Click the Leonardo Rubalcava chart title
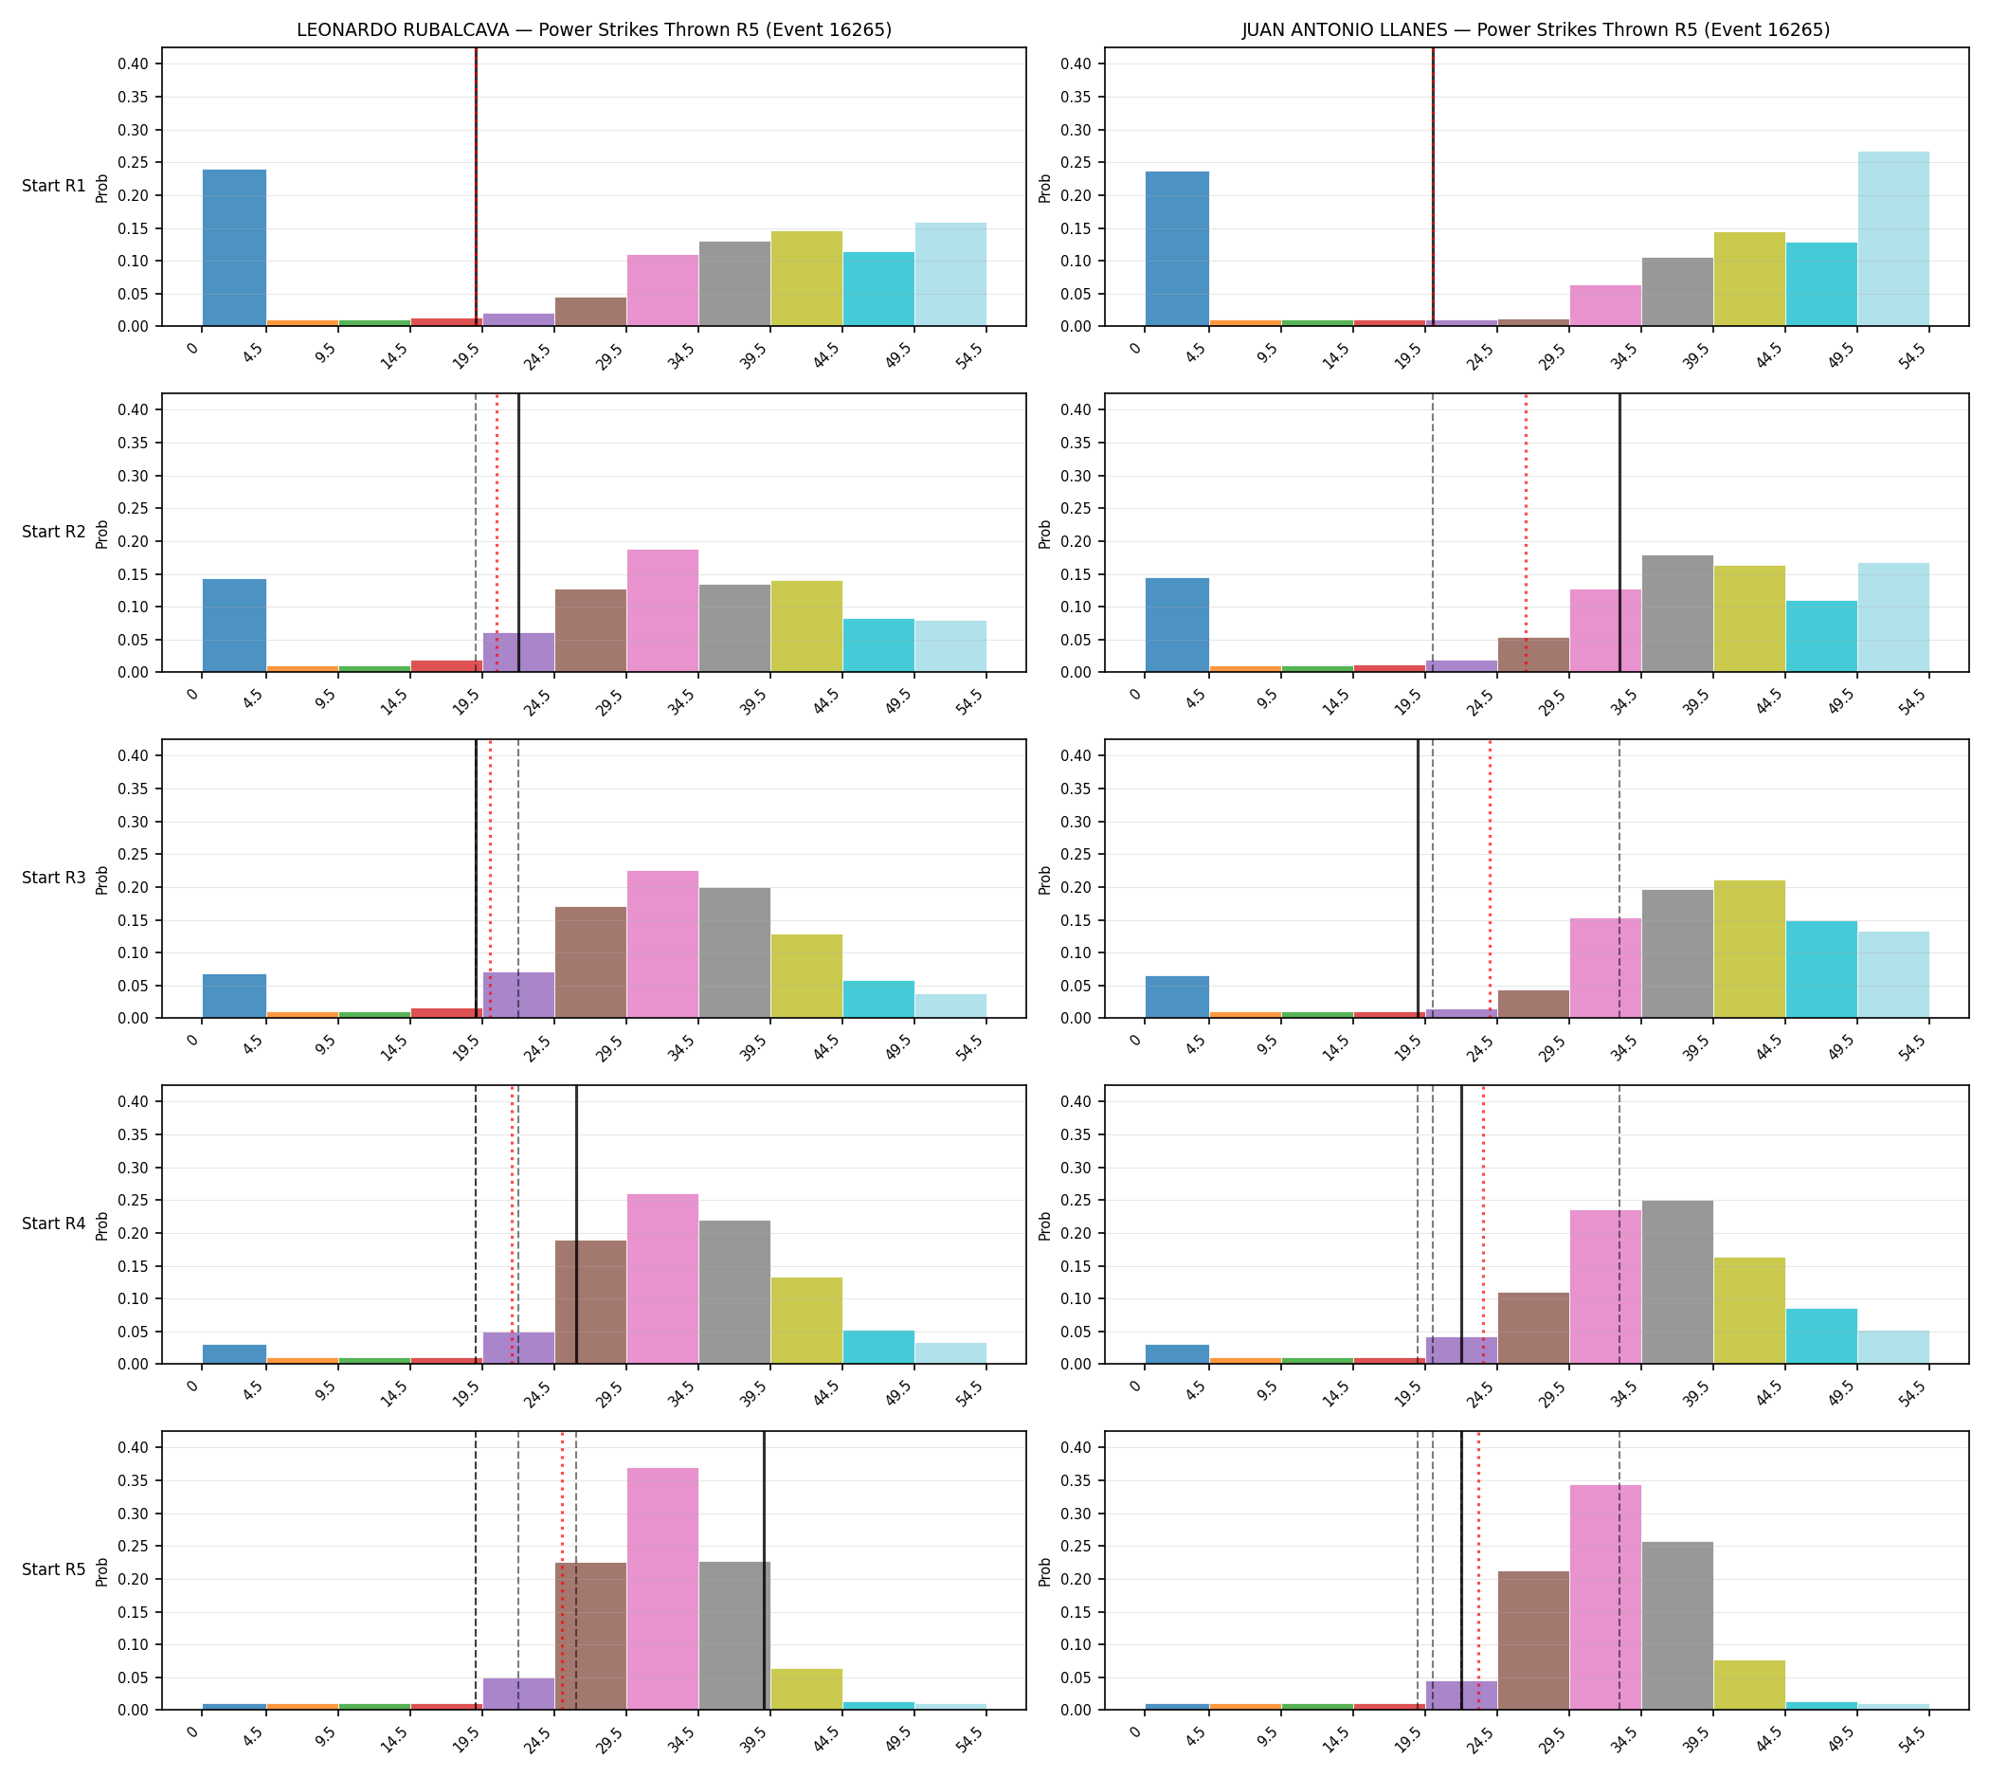pos(593,30)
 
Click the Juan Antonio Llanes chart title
pos(1536,30)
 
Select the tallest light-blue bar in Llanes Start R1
pos(1893,238)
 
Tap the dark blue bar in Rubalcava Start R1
pos(234,248)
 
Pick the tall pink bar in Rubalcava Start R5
pos(663,1588)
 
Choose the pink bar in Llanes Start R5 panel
pos(1605,1597)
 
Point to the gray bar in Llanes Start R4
pos(1677,1282)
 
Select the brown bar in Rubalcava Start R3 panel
pos(590,963)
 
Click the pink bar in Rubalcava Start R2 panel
pos(663,611)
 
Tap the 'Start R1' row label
pos(54,186)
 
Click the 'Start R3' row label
pos(54,878)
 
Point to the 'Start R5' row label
pos(54,1569)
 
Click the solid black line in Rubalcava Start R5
pos(764,1570)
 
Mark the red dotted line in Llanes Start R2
pos(1527,532)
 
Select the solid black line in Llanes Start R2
pos(1619,532)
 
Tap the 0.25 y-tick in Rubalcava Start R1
pos(134,162)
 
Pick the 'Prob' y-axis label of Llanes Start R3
pos(1045,879)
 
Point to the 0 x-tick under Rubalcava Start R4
pos(193,1387)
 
